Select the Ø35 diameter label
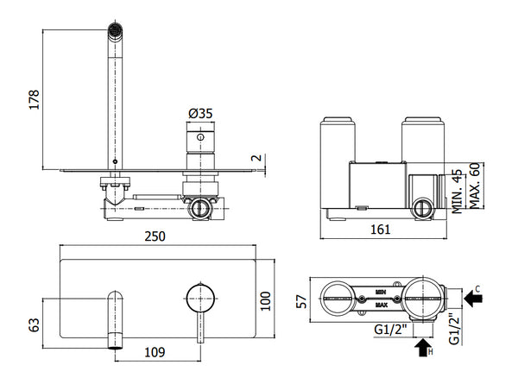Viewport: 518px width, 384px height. (200, 114)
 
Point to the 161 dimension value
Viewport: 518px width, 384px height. (381, 229)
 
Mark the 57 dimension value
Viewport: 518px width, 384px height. (301, 302)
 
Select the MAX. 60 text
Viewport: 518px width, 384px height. (475, 186)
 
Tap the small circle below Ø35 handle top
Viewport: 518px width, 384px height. (200, 137)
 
